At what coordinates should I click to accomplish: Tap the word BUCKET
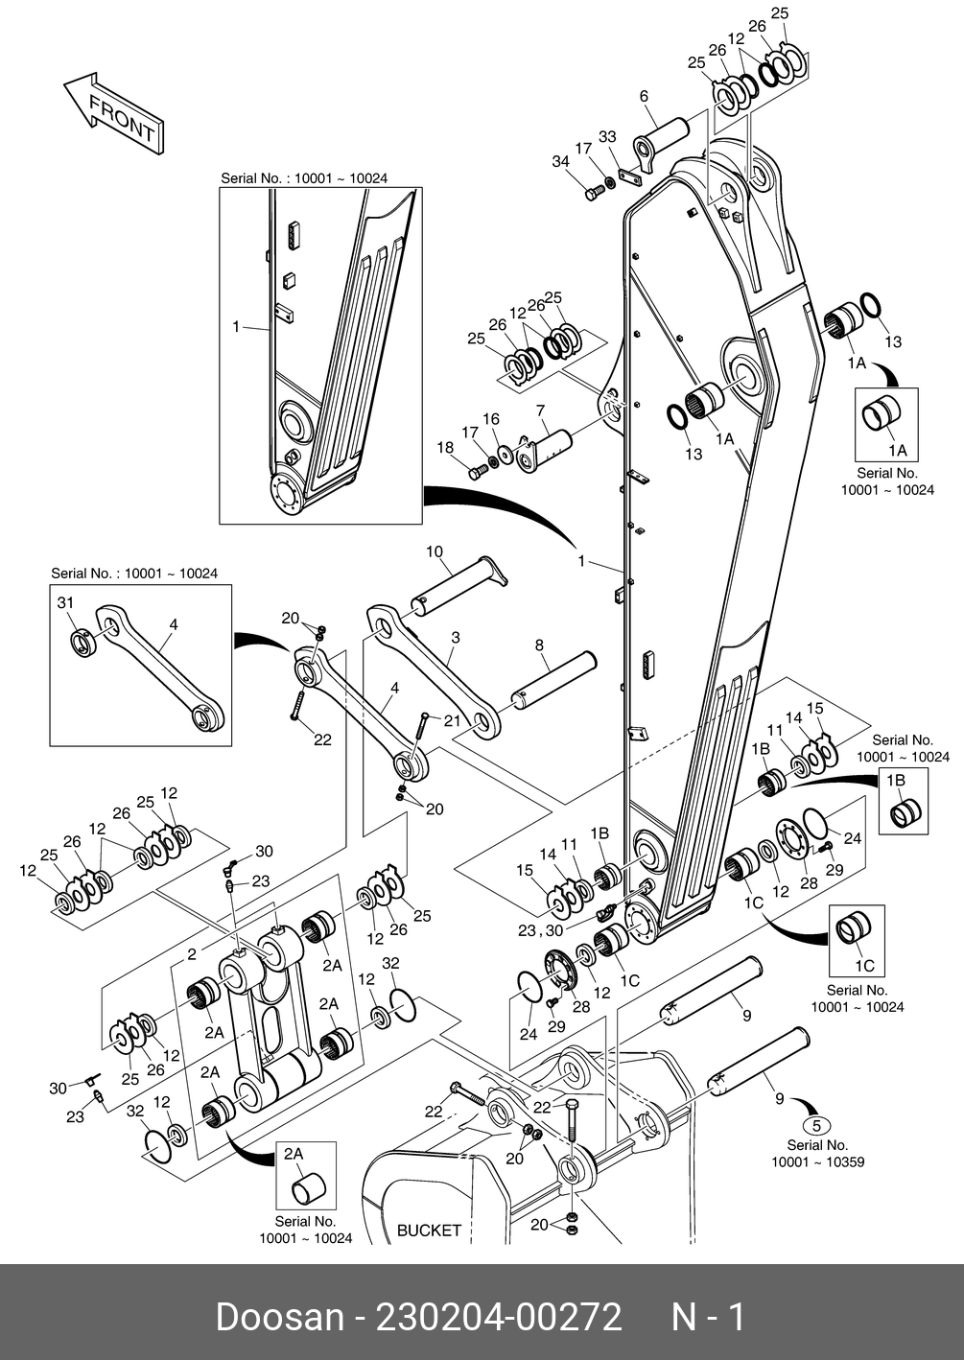pyautogui.click(x=429, y=1230)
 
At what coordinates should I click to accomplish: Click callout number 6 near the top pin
pyautogui.click(x=644, y=96)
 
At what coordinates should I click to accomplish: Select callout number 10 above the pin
pyautogui.click(x=435, y=551)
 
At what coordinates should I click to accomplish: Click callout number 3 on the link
pyautogui.click(x=456, y=637)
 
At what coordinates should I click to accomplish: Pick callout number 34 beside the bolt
pyautogui.click(x=560, y=162)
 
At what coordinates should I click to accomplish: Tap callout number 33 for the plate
pyautogui.click(x=607, y=137)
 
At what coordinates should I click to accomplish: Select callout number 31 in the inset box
pyautogui.click(x=65, y=602)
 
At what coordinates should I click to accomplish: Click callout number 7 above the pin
pyautogui.click(x=541, y=410)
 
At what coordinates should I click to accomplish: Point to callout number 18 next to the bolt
pyautogui.click(x=445, y=448)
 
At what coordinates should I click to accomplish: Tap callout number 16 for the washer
pyautogui.click(x=491, y=419)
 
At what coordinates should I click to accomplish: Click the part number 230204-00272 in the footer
pyautogui.click(x=499, y=1317)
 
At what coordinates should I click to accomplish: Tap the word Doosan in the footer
pyautogui.click(x=279, y=1317)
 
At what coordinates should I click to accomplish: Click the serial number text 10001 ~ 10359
pyautogui.click(x=817, y=1162)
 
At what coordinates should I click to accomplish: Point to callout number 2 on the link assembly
pyautogui.click(x=192, y=954)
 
